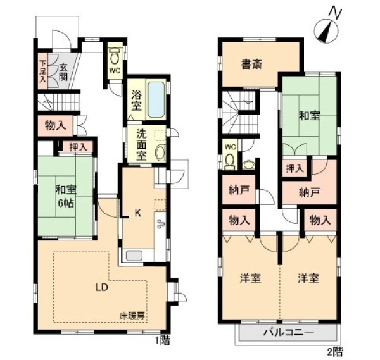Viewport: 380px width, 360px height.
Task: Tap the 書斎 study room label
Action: click(252, 64)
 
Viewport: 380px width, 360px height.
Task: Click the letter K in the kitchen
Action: click(137, 213)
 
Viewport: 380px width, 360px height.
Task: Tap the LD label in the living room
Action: click(101, 287)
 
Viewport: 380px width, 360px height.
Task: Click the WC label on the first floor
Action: click(115, 70)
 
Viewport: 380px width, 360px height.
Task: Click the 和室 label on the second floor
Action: click(310, 116)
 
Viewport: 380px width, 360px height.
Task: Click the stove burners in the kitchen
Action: click(161, 223)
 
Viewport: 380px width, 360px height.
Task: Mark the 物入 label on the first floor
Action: click(56, 125)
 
